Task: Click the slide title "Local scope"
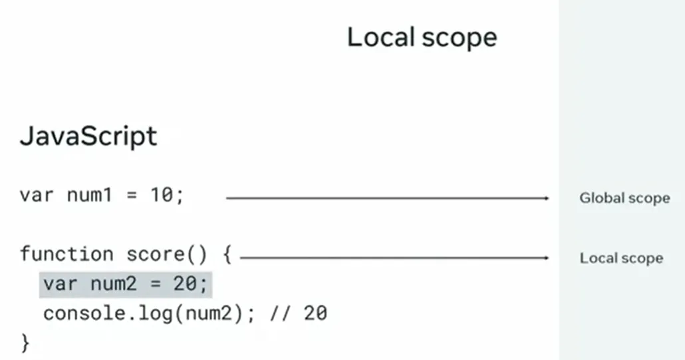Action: coord(422,37)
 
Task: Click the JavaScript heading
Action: coord(88,136)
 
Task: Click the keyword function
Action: coord(67,254)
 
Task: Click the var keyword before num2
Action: coord(61,285)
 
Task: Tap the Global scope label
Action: coord(624,198)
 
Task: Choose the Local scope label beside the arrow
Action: coord(621,258)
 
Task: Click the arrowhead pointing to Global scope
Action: coord(546,198)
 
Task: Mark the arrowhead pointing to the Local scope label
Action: coord(546,258)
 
